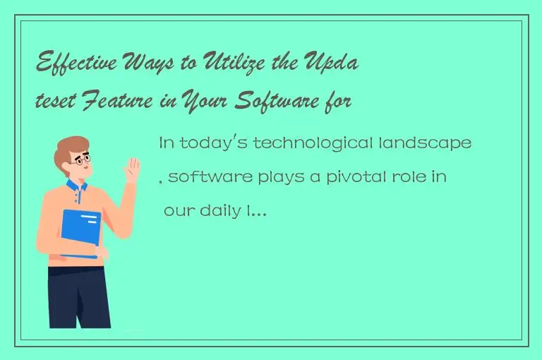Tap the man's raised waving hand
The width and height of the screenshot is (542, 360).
tap(131, 169)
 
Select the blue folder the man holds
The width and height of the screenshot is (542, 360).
tap(80, 234)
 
